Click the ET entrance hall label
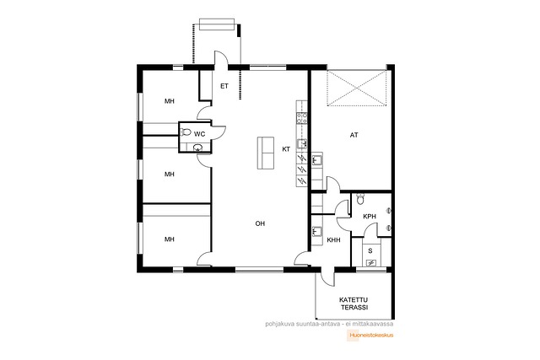(224, 86)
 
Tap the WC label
(199, 133)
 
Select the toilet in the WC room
(186, 132)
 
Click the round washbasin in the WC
(197, 148)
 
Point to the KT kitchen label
(286, 149)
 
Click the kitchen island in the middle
(266, 153)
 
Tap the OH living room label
(260, 223)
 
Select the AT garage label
(354, 135)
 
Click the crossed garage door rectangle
(357, 89)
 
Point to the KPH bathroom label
(370, 217)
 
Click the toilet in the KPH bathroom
(360, 198)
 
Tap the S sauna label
(370, 251)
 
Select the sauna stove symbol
(371, 263)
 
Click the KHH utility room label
(333, 240)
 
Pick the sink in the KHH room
(317, 231)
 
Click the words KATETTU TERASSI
(354, 304)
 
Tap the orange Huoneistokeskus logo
(370, 335)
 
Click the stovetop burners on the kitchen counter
(302, 118)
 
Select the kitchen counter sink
(302, 144)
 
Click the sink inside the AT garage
(317, 160)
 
